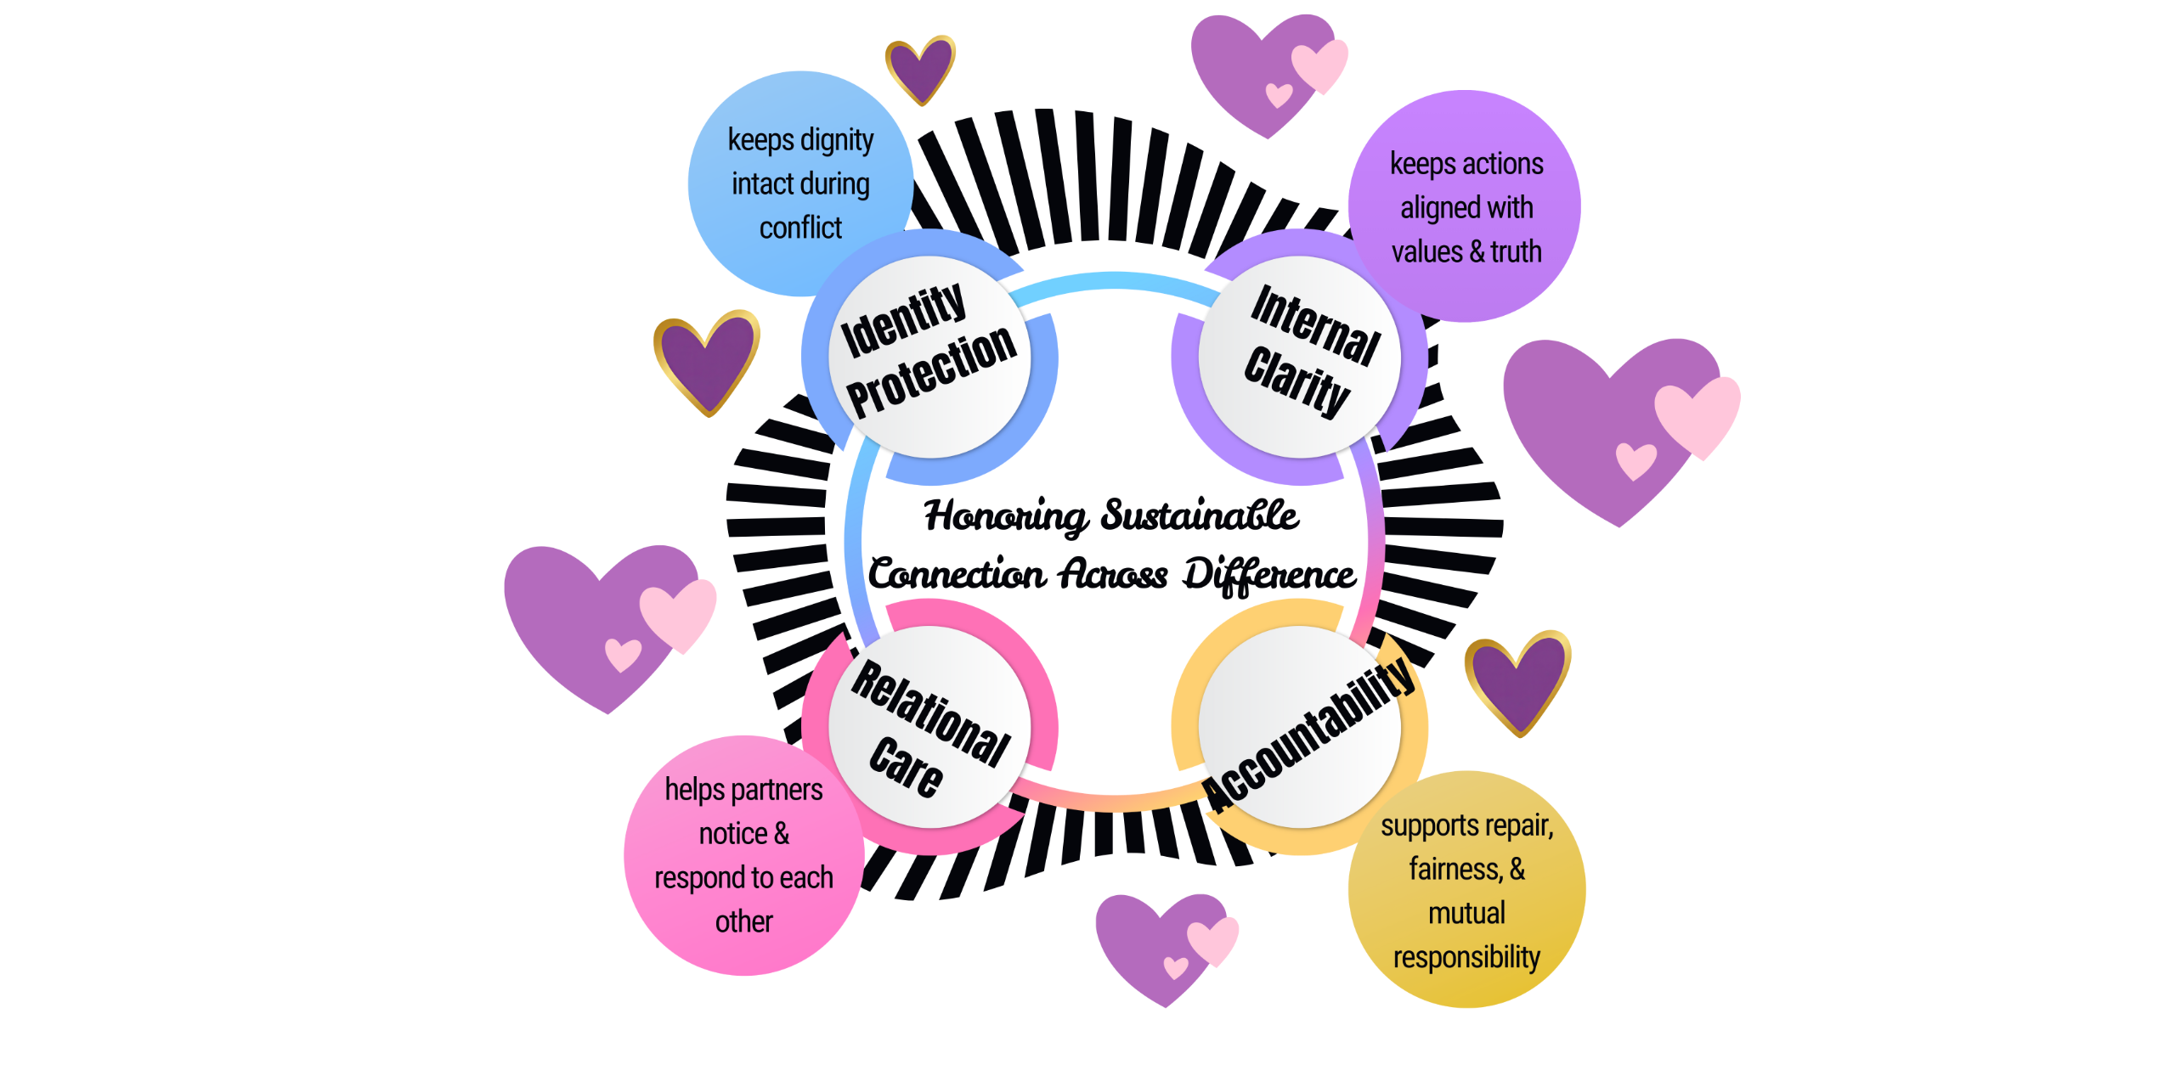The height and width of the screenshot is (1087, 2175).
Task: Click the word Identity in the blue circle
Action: coord(903,320)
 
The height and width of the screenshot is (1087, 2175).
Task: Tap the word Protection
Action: coord(932,371)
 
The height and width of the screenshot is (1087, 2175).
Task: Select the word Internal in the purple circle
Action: coord(1315,325)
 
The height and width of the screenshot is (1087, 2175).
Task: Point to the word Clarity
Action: coord(1297,381)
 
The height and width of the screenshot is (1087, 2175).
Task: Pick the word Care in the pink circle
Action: coord(906,767)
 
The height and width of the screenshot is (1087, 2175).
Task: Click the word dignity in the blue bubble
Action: coord(836,140)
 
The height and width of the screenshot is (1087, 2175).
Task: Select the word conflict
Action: coord(800,228)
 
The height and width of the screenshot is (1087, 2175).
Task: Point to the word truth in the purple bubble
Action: coord(1516,252)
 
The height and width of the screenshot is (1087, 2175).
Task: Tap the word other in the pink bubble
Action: coord(744,922)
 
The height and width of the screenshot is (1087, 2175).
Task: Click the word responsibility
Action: coord(1466,958)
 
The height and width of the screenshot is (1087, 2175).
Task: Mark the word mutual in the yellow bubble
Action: coord(1466,914)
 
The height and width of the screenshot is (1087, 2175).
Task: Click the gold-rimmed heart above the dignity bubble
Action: coord(919,68)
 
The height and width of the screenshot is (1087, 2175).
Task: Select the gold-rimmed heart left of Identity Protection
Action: coord(705,361)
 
